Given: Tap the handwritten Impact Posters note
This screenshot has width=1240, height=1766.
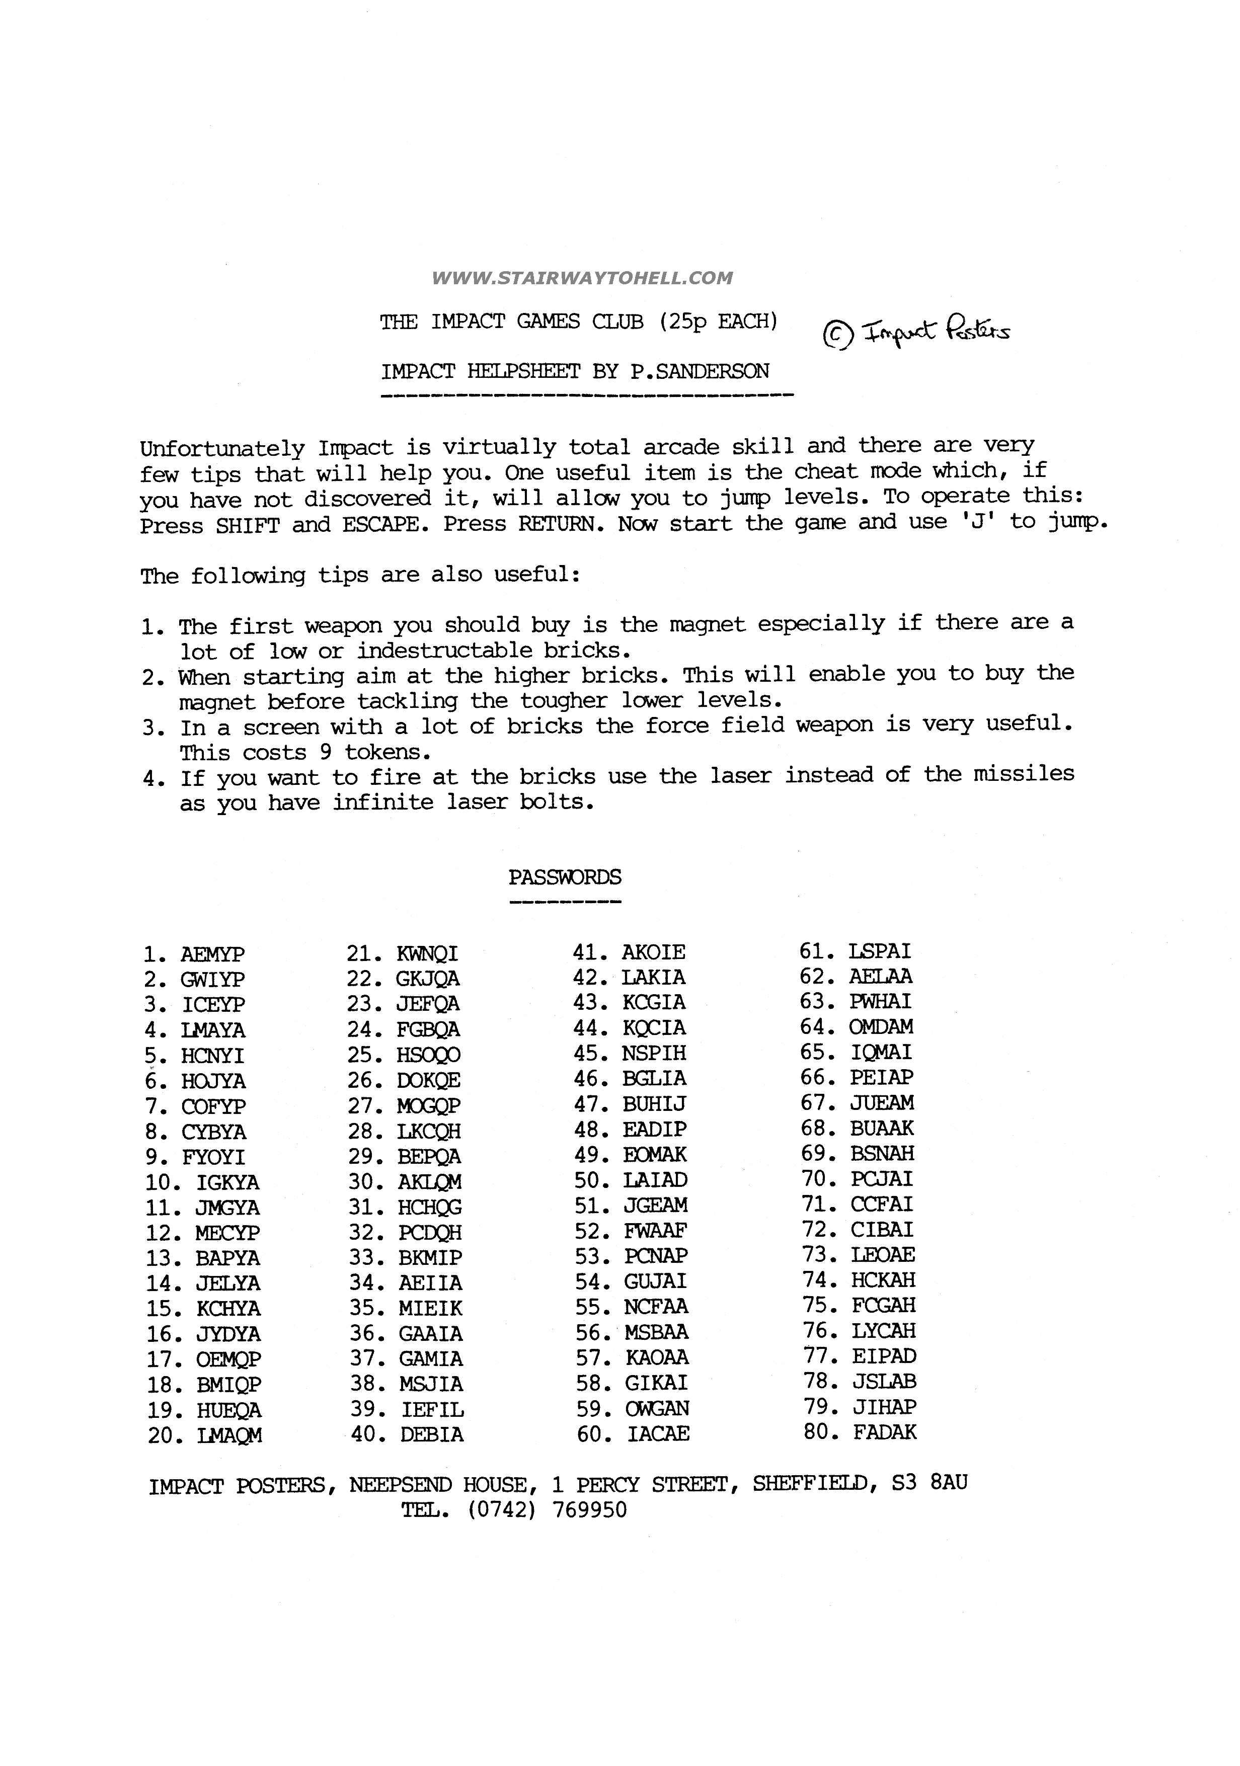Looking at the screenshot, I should point(916,332).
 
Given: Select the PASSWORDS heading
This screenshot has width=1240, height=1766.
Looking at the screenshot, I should point(565,877).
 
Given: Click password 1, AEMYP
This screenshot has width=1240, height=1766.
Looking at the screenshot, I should point(212,954).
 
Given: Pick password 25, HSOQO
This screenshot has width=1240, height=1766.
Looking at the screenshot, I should point(428,1055).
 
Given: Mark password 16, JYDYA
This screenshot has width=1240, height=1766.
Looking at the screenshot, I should point(228,1334).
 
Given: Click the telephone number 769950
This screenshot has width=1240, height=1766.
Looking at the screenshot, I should point(589,1510).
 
